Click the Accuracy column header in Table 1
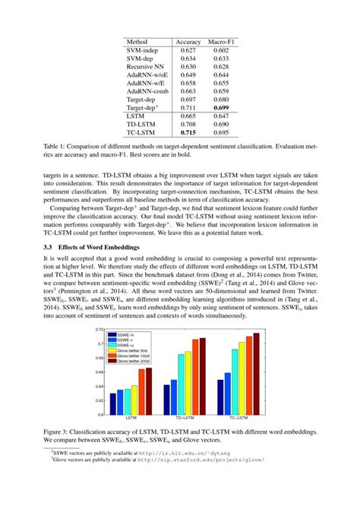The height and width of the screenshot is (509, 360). [x=188, y=42]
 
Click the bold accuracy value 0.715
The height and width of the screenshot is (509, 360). [x=188, y=131]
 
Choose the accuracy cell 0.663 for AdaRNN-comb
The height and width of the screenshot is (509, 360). [x=188, y=90]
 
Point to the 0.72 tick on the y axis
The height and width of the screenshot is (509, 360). [x=99, y=329]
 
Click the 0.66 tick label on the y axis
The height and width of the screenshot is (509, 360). [x=99, y=371]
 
